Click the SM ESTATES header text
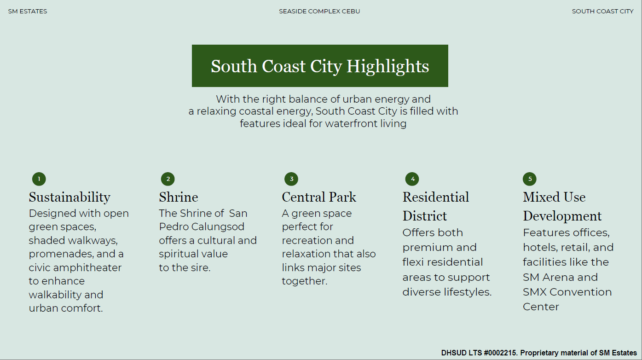[x=28, y=12]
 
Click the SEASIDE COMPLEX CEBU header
[x=319, y=12]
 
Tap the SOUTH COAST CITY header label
[x=602, y=12]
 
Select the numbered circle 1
[x=39, y=179]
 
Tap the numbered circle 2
[x=168, y=179]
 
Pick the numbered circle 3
[x=291, y=179]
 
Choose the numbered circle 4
[x=412, y=179]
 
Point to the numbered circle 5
[x=530, y=179]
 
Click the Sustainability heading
[x=69, y=197]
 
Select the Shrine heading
[x=179, y=197]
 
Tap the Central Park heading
[x=319, y=197]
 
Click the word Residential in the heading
[x=436, y=197]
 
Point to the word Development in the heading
[x=562, y=216]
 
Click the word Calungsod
[x=218, y=227]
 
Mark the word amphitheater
[x=87, y=268]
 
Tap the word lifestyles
[x=468, y=292]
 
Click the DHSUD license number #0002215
[x=500, y=353]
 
